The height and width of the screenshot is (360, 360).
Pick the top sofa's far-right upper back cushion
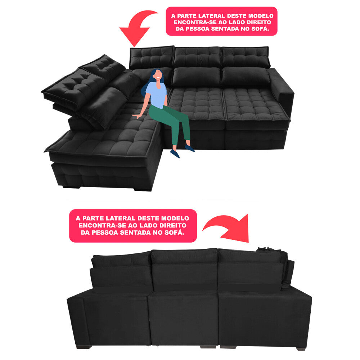245,57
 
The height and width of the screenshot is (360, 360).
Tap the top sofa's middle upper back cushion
197,57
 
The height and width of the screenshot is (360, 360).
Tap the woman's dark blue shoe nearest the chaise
175,153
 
